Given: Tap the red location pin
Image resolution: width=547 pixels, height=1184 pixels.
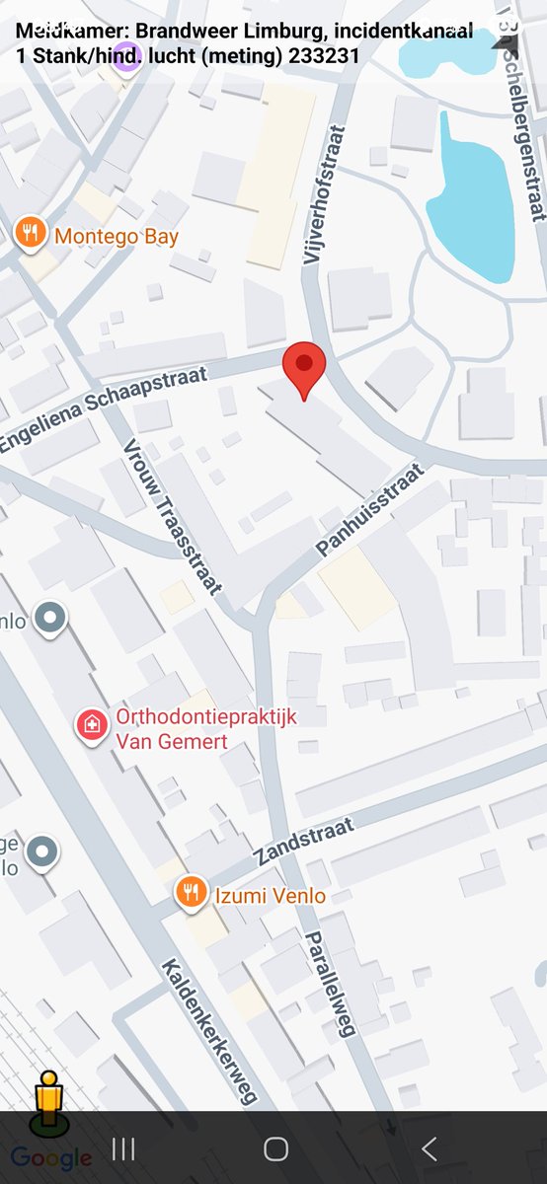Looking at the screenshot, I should [x=304, y=368].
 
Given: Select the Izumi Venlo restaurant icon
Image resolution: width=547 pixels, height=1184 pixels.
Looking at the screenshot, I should [x=191, y=893].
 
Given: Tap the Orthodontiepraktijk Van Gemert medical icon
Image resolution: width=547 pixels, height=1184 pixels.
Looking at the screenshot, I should [x=93, y=727].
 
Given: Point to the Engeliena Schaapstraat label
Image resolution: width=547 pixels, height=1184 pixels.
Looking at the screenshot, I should [x=103, y=408].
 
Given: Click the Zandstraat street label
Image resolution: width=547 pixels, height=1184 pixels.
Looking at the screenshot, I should [x=303, y=844].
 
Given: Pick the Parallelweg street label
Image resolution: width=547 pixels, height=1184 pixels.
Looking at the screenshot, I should [x=329, y=984].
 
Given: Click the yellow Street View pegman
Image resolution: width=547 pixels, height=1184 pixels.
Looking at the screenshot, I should [x=47, y=1102].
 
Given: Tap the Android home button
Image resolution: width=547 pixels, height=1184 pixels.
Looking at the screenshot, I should [x=275, y=1148].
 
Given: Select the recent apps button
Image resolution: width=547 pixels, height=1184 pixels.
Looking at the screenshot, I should [x=123, y=1148].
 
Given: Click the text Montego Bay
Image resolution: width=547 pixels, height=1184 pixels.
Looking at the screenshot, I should [x=117, y=237].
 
